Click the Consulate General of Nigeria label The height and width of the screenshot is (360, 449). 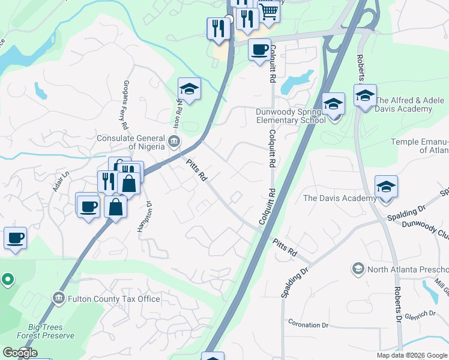[130, 142]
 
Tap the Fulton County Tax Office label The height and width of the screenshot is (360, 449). [114, 298]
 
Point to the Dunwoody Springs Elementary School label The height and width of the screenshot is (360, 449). [291, 115]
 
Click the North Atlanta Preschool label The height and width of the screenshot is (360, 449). [408, 268]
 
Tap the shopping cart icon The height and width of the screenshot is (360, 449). [269, 11]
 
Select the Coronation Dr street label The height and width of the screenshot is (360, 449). [309, 325]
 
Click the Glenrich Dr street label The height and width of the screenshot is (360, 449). [420, 314]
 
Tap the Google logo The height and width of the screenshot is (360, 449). [20, 353]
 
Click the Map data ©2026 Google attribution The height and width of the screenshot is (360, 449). [412, 355]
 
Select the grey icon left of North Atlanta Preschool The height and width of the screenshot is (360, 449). [358, 268]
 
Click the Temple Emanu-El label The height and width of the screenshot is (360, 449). [420, 146]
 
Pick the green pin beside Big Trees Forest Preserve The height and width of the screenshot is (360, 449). [7, 279]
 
